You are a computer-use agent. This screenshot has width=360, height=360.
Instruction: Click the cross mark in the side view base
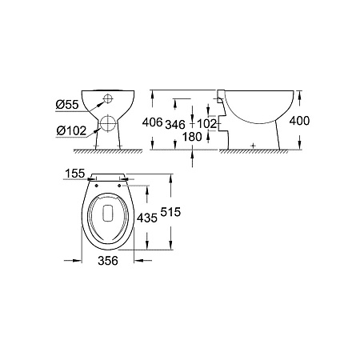[x=253, y=145]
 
